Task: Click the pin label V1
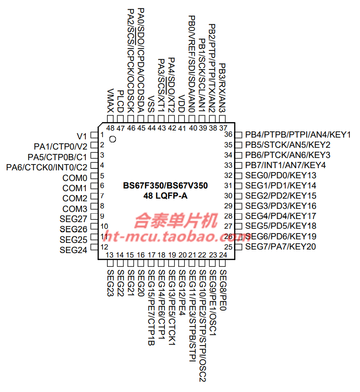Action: pos(82,135)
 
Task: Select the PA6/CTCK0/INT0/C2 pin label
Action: pos(46,167)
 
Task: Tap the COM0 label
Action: pos(75,178)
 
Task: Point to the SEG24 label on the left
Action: pos(73,250)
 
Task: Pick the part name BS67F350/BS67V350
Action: pos(165,186)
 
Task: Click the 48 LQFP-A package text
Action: pos(165,196)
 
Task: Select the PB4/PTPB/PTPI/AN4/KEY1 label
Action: pos(298,135)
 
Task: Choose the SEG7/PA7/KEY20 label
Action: pos(281,246)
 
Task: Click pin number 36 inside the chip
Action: pos(228,135)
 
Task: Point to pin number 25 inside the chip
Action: pos(228,246)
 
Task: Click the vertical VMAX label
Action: pos(110,100)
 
